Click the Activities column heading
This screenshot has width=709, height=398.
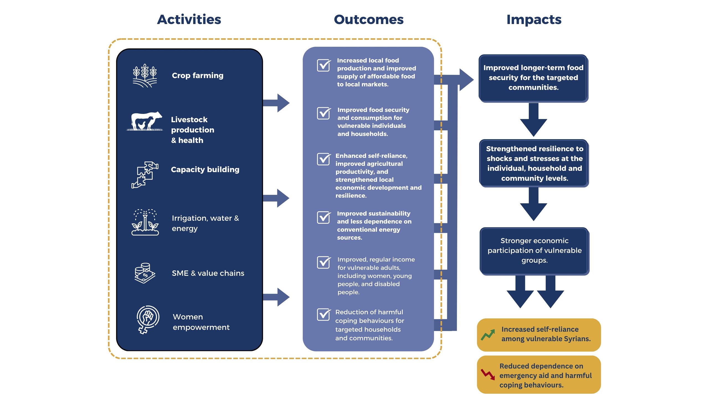pyautogui.click(x=189, y=20)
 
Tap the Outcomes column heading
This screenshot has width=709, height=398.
pyautogui.click(x=369, y=20)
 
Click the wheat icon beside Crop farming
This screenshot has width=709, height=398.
pyautogui.click(x=145, y=76)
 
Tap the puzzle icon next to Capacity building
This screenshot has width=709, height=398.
pyautogui.click(x=145, y=175)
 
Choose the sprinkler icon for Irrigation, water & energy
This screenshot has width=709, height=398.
pyautogui.click(x=145, y=222)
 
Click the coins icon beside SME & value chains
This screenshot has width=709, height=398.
pyautogui.click(x=145, y=273)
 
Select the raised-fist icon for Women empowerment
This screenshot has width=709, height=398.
pyautogui.click(x=148, y=320)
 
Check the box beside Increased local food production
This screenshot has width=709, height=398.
pyautogui.click(x=324, y=65)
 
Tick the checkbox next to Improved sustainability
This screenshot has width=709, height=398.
pyautogui.click(x=324, y=217)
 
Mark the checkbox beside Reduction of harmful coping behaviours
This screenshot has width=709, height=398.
pyautogui.click(x=324, y=314)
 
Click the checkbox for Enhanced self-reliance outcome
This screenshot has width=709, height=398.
pyautogui.click(x=324, y=159)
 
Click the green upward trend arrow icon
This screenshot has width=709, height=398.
pyautogui.click(x=488, y=335)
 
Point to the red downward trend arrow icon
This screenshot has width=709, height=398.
pyautogui.click(x=488, y=374)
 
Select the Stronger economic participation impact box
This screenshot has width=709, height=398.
pyautogui.click(x=535, y=251)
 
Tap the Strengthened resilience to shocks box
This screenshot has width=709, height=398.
pyautogui.click(x=534, y=163)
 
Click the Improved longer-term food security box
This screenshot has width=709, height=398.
pyautogui.click(x=534, y=78)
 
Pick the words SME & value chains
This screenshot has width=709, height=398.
pyautogui.click(x=208, y=273)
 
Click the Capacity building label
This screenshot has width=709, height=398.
pyautogui.click(x=205, y=170)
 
